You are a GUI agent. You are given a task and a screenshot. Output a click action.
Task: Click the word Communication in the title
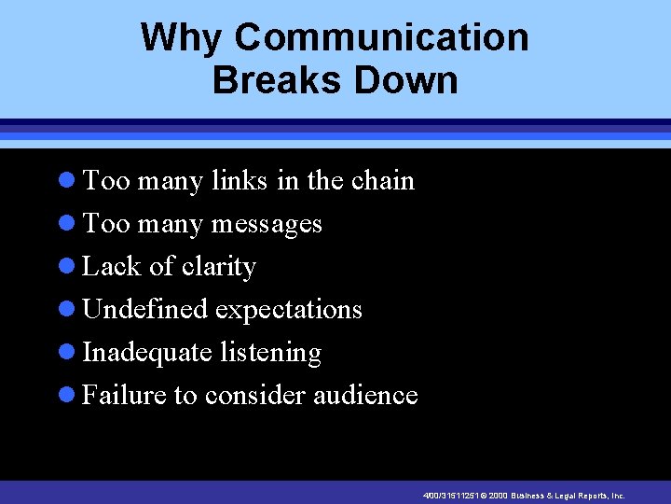(x=381, y=38)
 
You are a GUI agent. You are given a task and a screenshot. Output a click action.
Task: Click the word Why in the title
(x=182, y=38)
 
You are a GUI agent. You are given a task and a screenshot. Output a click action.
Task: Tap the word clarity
(x=218, y=267)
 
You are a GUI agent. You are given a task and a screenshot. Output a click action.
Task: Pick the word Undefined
(x=145, y=310)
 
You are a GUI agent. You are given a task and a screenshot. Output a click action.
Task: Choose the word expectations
(x=289, y=310)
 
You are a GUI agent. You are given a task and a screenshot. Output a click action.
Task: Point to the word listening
(x=271, y=353)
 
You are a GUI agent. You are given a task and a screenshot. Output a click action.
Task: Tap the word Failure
(x=124, y=396)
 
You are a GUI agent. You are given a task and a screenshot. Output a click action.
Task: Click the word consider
(x=255, y=396)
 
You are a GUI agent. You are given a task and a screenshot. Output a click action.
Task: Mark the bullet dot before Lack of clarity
(x=65, y=267)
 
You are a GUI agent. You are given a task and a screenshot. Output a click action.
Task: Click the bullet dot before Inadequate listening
(x=65, y=353)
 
